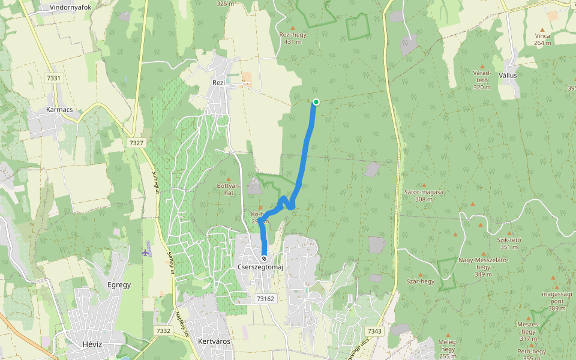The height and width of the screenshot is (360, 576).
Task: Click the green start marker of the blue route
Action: click(x=316, y=102)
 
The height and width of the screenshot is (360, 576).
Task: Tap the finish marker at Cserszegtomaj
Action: click(x=264, y=259)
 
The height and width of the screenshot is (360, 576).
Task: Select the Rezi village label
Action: click(x=218, y=83)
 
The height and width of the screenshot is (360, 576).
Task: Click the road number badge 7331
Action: click(x=53, y=78)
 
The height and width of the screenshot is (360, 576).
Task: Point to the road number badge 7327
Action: click(x=136, y=143)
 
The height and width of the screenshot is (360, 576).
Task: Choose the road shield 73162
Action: click(x=265, y=298)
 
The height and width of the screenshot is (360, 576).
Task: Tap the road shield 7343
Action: click(x=374, y=331)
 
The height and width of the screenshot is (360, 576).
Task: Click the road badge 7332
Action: click(x=163, y=331)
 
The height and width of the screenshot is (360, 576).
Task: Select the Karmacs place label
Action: click(x=59, y=110)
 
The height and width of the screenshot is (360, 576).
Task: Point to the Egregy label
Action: click(x=118, y=284)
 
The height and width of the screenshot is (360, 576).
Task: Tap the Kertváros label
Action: click(x=214, y=341)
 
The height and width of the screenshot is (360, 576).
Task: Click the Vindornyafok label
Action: click(x=70, y=7)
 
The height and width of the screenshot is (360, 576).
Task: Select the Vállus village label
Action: click(x=507, y=76)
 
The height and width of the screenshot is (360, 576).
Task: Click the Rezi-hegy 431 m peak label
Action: click(x=293, y=38)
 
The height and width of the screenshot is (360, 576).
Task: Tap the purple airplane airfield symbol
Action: click(x=145, y=252)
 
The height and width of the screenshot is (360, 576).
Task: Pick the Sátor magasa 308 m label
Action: click(x=424, y=195)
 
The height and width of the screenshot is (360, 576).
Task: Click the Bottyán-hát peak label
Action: click(x=228, y=189)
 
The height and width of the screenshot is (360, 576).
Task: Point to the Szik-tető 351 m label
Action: click(x=509, y=243)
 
